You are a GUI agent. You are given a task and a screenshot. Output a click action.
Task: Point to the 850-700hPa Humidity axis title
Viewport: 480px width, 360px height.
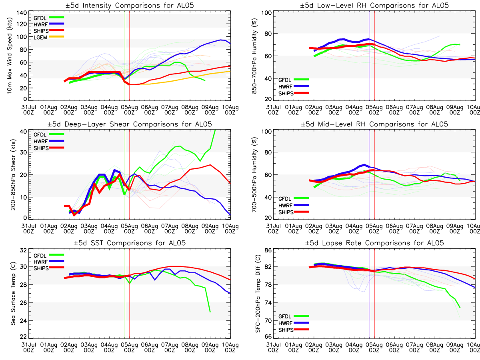pyautogui.click(x=253, y=56)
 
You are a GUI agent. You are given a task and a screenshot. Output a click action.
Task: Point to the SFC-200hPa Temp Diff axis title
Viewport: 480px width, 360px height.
pyautogui.click(x=253, y=292)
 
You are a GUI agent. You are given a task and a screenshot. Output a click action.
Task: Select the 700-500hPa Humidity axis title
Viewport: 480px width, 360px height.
pyautogui.click(x=253, y=175)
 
